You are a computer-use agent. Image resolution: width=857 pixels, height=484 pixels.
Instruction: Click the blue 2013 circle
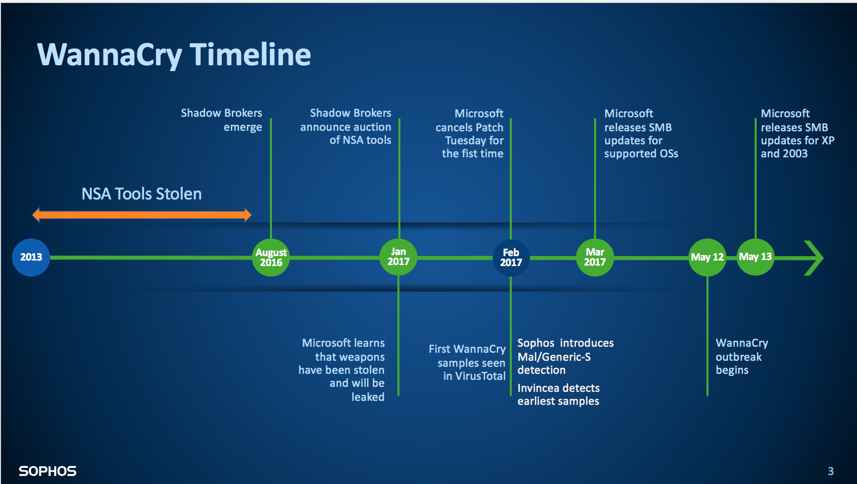pos(31,257)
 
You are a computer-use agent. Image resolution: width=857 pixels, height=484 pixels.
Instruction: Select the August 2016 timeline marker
pos(271,257)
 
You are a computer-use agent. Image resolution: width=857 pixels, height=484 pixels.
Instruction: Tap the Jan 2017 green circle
pos(398,257)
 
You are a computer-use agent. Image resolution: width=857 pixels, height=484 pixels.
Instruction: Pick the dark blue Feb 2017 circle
pos(511,258)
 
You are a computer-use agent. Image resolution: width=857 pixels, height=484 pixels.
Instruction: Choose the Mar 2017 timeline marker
pos(595,257)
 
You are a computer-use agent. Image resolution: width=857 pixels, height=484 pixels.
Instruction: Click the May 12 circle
pos(707,257)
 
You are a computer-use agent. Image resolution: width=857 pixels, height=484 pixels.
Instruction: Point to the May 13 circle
pos(755,257)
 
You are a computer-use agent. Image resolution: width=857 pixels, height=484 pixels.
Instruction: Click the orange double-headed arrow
pos(141,215)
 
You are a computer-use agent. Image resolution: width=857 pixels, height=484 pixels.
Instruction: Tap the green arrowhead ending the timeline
pos(814,258)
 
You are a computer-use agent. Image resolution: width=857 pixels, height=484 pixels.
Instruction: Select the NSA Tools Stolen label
pos(141,194)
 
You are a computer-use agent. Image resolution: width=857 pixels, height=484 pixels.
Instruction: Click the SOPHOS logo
pos(48,471)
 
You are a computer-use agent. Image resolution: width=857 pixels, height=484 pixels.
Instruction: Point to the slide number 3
pos(830,471)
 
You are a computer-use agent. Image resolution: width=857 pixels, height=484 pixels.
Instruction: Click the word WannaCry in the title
pos(109,55)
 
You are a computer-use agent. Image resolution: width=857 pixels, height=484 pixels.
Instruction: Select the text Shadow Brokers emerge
pos(221,120)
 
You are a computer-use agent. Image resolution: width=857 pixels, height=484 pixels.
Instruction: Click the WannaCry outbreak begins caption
pos(741,356)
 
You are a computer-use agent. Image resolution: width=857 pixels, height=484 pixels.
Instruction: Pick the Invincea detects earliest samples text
pos(558,394)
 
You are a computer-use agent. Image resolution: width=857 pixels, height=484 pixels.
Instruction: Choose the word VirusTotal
pos(480,376)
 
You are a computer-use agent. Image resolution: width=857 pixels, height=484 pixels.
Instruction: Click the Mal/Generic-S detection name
pos(554,357)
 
